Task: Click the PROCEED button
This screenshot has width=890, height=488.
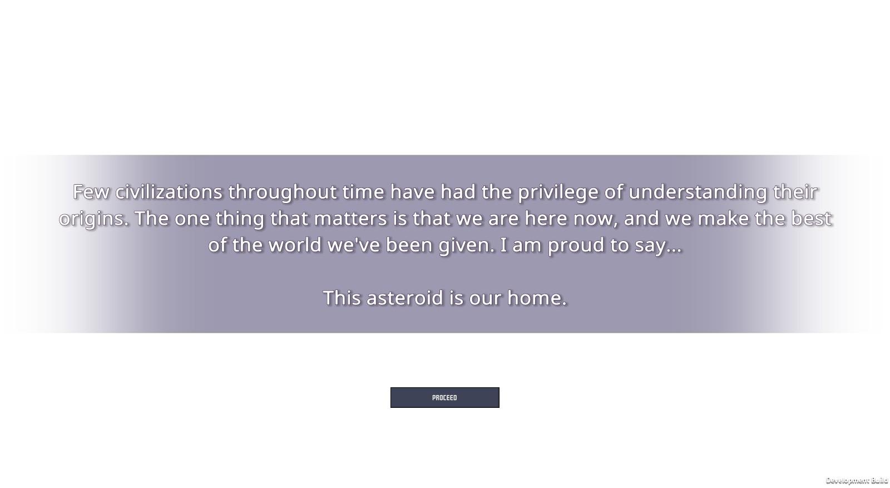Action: click(444, 397)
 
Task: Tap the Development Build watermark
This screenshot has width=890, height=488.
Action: click(857, 480)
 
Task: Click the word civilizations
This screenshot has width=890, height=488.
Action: click(169, 192)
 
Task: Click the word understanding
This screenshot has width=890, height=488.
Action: click(698, 193)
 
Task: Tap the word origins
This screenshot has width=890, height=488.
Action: click(94, 220)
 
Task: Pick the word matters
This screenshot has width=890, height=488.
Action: click(350, 219)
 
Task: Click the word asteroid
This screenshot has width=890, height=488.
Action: click(405, 298)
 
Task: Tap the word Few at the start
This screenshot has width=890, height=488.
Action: click(91, 192)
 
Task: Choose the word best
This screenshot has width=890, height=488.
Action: click(812, 219)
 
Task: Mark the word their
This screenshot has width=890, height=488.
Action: click(795, 192)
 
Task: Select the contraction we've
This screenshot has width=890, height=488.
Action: click(354, 245)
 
